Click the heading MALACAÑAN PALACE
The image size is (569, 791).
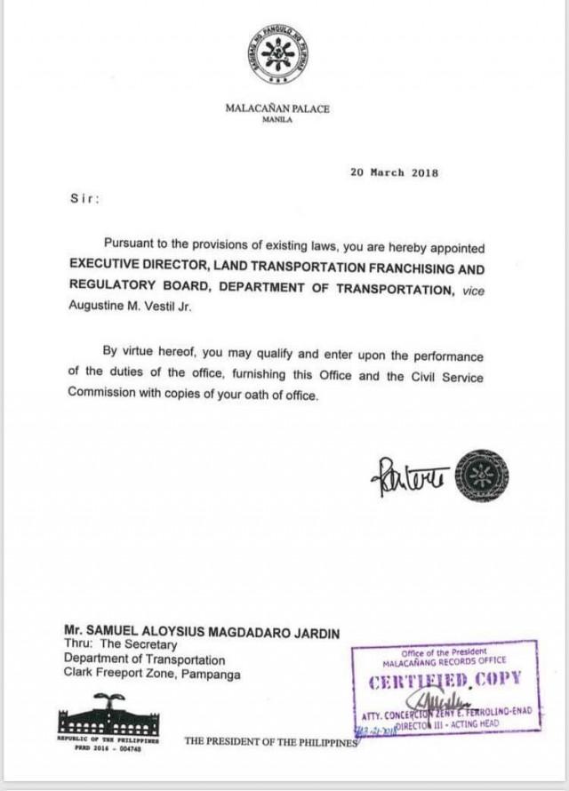click(276, 109)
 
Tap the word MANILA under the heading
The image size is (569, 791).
click(276, 120)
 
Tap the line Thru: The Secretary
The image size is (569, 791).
click(120, 645)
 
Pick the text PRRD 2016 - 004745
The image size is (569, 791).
click(108, 747)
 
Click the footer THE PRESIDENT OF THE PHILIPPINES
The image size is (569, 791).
click(270, 740)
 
